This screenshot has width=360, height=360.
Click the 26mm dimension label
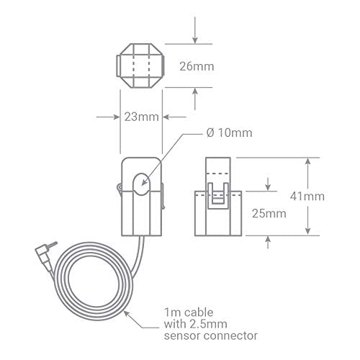[197, 66]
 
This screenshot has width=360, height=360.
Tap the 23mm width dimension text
[142, 117]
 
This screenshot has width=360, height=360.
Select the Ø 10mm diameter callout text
[230, 132]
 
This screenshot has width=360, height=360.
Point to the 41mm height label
[307, 197]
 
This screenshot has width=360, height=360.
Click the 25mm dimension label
[269, 213]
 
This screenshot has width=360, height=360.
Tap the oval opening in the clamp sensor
[142, 184]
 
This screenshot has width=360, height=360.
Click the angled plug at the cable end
[43, 257]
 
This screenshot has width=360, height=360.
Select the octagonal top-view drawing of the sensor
[140, 66]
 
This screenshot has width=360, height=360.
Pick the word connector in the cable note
[230, 336]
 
